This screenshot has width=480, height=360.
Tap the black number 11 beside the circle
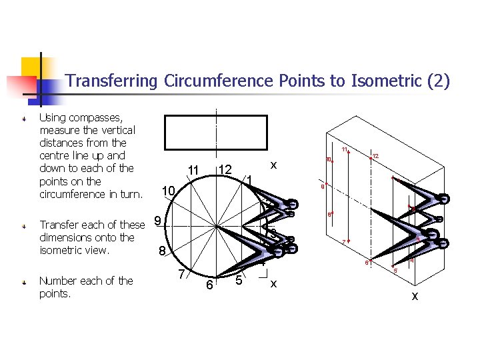(193, 171)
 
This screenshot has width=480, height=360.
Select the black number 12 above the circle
(225, 171)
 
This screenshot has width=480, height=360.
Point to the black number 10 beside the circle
(167, 192)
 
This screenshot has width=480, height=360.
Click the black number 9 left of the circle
(157, 221)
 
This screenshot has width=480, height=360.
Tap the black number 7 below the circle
(181, 274)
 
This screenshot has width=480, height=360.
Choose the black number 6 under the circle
(209, 285)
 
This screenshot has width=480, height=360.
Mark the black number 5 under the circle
(239, 280)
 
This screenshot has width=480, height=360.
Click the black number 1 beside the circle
(248, 180)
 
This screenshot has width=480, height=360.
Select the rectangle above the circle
(215, 132)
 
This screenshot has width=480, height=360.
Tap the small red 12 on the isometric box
(376, 156)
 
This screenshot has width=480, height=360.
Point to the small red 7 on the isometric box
(343, 241)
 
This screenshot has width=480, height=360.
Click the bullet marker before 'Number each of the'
(23, 282)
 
